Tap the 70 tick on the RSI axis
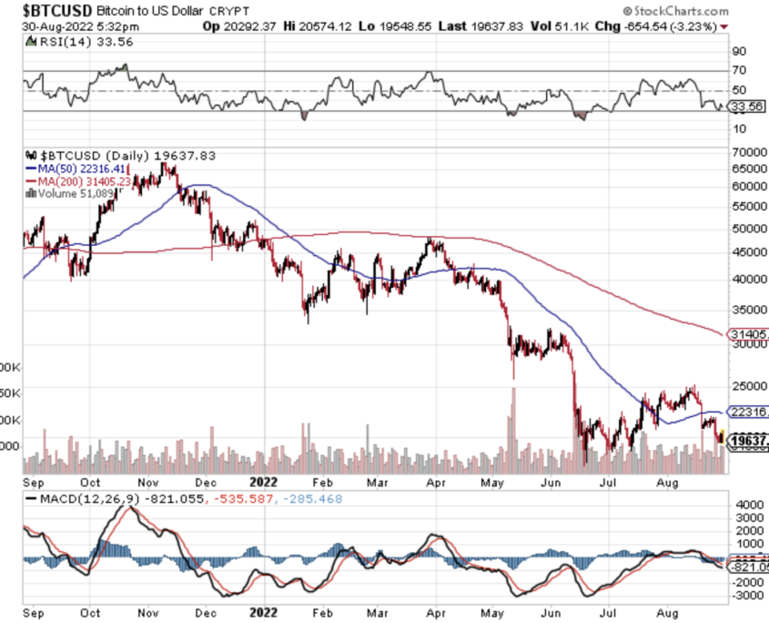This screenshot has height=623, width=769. coord(740,70)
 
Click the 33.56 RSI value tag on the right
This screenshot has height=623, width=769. coord(747,106)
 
